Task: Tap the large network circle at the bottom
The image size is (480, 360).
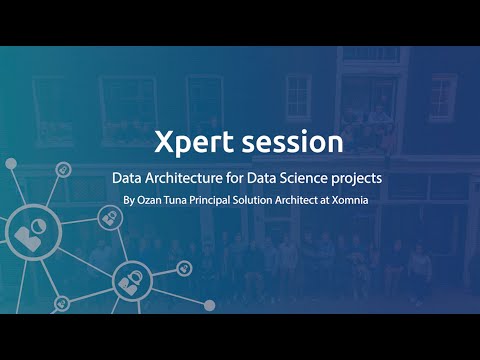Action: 129,281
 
